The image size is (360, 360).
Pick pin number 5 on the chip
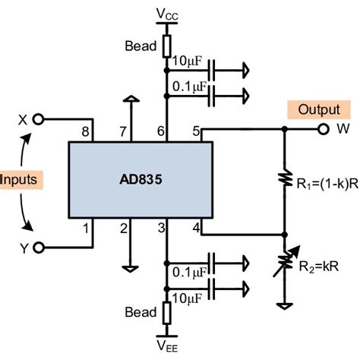pos(197,132)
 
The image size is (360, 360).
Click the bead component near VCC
pos(167,46)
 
